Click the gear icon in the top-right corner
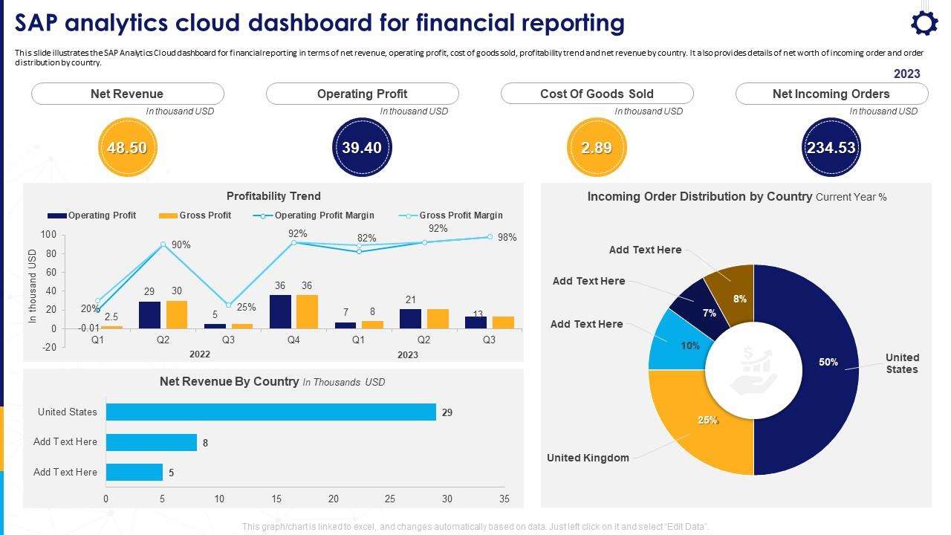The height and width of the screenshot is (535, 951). point(924,23)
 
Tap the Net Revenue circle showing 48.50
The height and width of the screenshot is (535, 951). point(127,148)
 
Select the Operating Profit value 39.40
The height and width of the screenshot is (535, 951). point(362,148)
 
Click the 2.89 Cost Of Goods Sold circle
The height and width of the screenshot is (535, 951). point(597,148)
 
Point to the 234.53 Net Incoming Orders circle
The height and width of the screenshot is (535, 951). point(831,148)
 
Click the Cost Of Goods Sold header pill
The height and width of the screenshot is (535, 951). point(597,94)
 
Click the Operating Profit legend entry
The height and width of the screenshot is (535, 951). point(92,215)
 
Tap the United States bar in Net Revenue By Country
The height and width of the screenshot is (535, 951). point(270,412)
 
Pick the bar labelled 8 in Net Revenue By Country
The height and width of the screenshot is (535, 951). point(152,443)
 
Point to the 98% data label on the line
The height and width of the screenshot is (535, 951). point(507,238)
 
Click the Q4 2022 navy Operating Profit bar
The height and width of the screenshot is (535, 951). point(280,312)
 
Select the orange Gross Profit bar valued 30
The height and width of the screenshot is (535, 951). point(177,314)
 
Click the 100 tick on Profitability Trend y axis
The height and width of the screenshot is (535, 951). point(48,235)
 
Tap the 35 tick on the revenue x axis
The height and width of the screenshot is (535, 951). point(504,499)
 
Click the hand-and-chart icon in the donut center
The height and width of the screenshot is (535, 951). point(753,370)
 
